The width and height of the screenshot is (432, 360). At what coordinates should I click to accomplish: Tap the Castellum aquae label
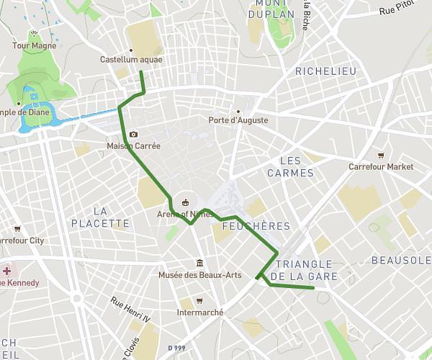tap(131, 60)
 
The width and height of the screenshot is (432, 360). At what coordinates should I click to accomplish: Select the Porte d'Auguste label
tap(238, 120)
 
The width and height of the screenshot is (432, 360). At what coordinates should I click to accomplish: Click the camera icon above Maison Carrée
tap(134, 135)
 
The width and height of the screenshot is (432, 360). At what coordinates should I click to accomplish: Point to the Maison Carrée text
tap(133, 145)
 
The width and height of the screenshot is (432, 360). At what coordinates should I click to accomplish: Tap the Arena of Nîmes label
tap(186, 214)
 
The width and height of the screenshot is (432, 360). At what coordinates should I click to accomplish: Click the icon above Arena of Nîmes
tap(186, 202)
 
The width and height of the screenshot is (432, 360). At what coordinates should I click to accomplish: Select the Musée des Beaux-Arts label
tap(200, 275)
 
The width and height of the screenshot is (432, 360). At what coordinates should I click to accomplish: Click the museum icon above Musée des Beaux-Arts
tap(199, 264)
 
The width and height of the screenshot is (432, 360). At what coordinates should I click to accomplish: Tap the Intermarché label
tap(200, 312)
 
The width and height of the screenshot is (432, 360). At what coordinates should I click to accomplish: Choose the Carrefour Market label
tap(381, 166)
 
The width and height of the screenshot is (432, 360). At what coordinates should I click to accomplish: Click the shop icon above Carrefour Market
tap(381, 156)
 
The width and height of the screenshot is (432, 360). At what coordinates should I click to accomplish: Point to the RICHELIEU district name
tap(325, 71)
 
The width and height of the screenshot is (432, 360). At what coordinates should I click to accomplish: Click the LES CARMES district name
tap(290, 166)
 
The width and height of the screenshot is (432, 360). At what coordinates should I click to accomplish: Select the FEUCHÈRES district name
tap(256, 226)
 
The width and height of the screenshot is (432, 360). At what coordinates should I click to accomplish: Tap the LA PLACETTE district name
tap(101, 217)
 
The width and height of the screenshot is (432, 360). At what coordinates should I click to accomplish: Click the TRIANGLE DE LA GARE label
tap(304, 270)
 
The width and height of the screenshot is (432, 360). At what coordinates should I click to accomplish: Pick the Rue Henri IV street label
tap(130, 310)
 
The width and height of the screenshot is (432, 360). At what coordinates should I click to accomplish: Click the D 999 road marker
tap(176, 348)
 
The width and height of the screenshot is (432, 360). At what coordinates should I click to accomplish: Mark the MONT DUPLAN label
tap(275, 9)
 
